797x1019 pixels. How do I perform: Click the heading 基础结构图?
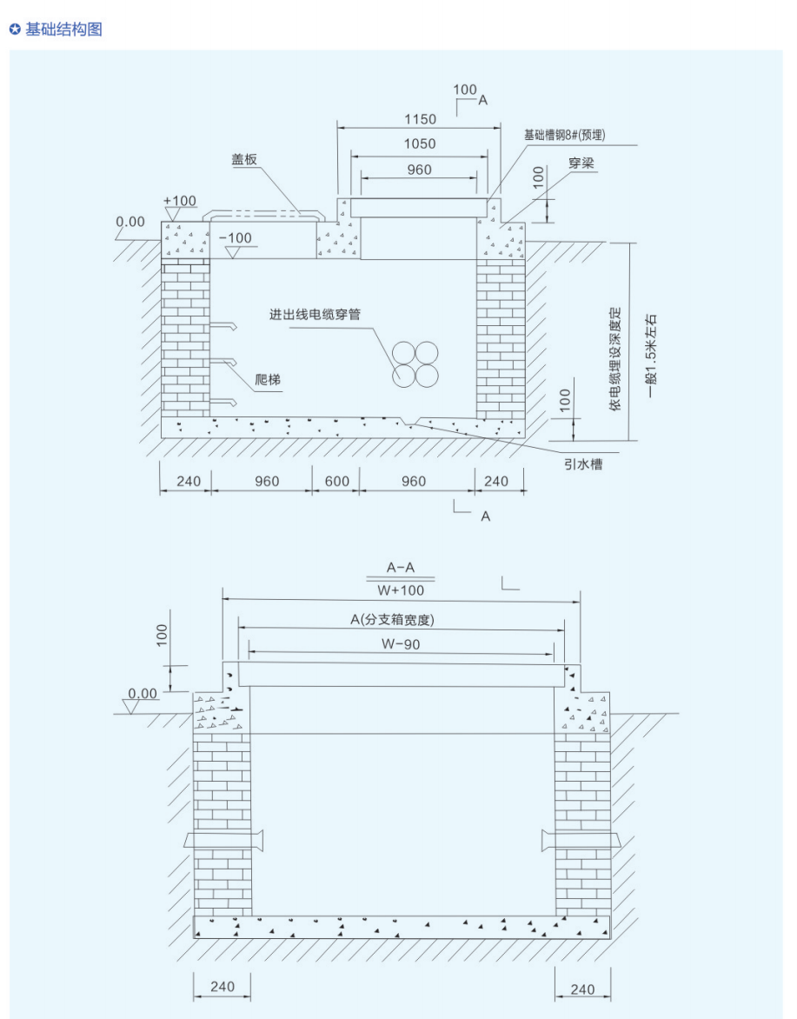click(63, 30)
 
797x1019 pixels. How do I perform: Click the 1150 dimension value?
click(420, 120)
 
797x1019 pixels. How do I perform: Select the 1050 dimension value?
click(420, 144)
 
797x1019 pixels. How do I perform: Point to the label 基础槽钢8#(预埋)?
click(564, 135)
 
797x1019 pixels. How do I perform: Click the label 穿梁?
click(581, 163)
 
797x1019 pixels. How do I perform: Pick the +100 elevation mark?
click(180, 201)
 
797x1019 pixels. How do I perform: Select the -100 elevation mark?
click(236, 238)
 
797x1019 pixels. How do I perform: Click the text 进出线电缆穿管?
click(315, 315)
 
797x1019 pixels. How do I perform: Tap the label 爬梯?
click(268, 380)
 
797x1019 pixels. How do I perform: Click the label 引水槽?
click(582, 464)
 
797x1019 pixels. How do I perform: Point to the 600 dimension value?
click(336, 482)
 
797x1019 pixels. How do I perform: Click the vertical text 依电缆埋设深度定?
click(615, 359)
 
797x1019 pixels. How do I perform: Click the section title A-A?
click(400, 568)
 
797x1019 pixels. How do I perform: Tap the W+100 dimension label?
click(400, 590)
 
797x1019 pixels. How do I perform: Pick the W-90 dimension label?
click(400, 644)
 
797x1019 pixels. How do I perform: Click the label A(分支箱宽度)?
click(392, 619)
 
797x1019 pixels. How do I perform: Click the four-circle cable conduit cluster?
click(415, 364)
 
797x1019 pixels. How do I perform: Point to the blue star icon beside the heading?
click(15, 30)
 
